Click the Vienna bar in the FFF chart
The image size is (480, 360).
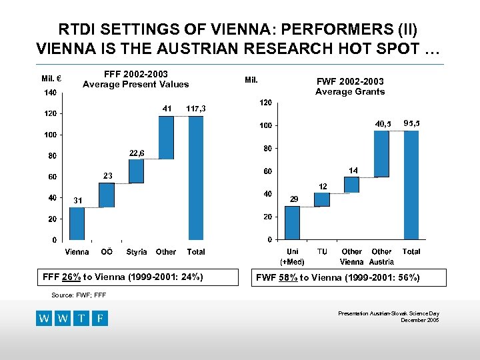[77, 223]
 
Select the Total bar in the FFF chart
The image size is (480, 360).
[196, 178]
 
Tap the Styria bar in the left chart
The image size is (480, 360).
[137, 171]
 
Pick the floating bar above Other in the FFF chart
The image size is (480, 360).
[166, 137]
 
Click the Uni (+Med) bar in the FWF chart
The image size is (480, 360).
[293, 223]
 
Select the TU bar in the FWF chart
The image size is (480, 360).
[322, 199]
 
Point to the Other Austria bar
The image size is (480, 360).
[381, 154]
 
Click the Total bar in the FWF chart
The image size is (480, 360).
[411, 185]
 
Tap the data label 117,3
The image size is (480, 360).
[196, 108]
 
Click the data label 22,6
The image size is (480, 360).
[137, 153]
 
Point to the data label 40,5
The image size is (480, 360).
[383, 123]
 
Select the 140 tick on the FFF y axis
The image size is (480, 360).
[49, 92]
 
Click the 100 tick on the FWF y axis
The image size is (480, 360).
[265, 125]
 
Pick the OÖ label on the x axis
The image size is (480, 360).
[106, 252]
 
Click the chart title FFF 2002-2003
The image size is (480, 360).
[136, 73]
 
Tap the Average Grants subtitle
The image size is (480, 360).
[349, 91]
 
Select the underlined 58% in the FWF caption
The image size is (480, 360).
[289, 277]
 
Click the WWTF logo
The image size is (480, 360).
[72, 318]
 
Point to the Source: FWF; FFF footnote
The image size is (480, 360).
[78, 294]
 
